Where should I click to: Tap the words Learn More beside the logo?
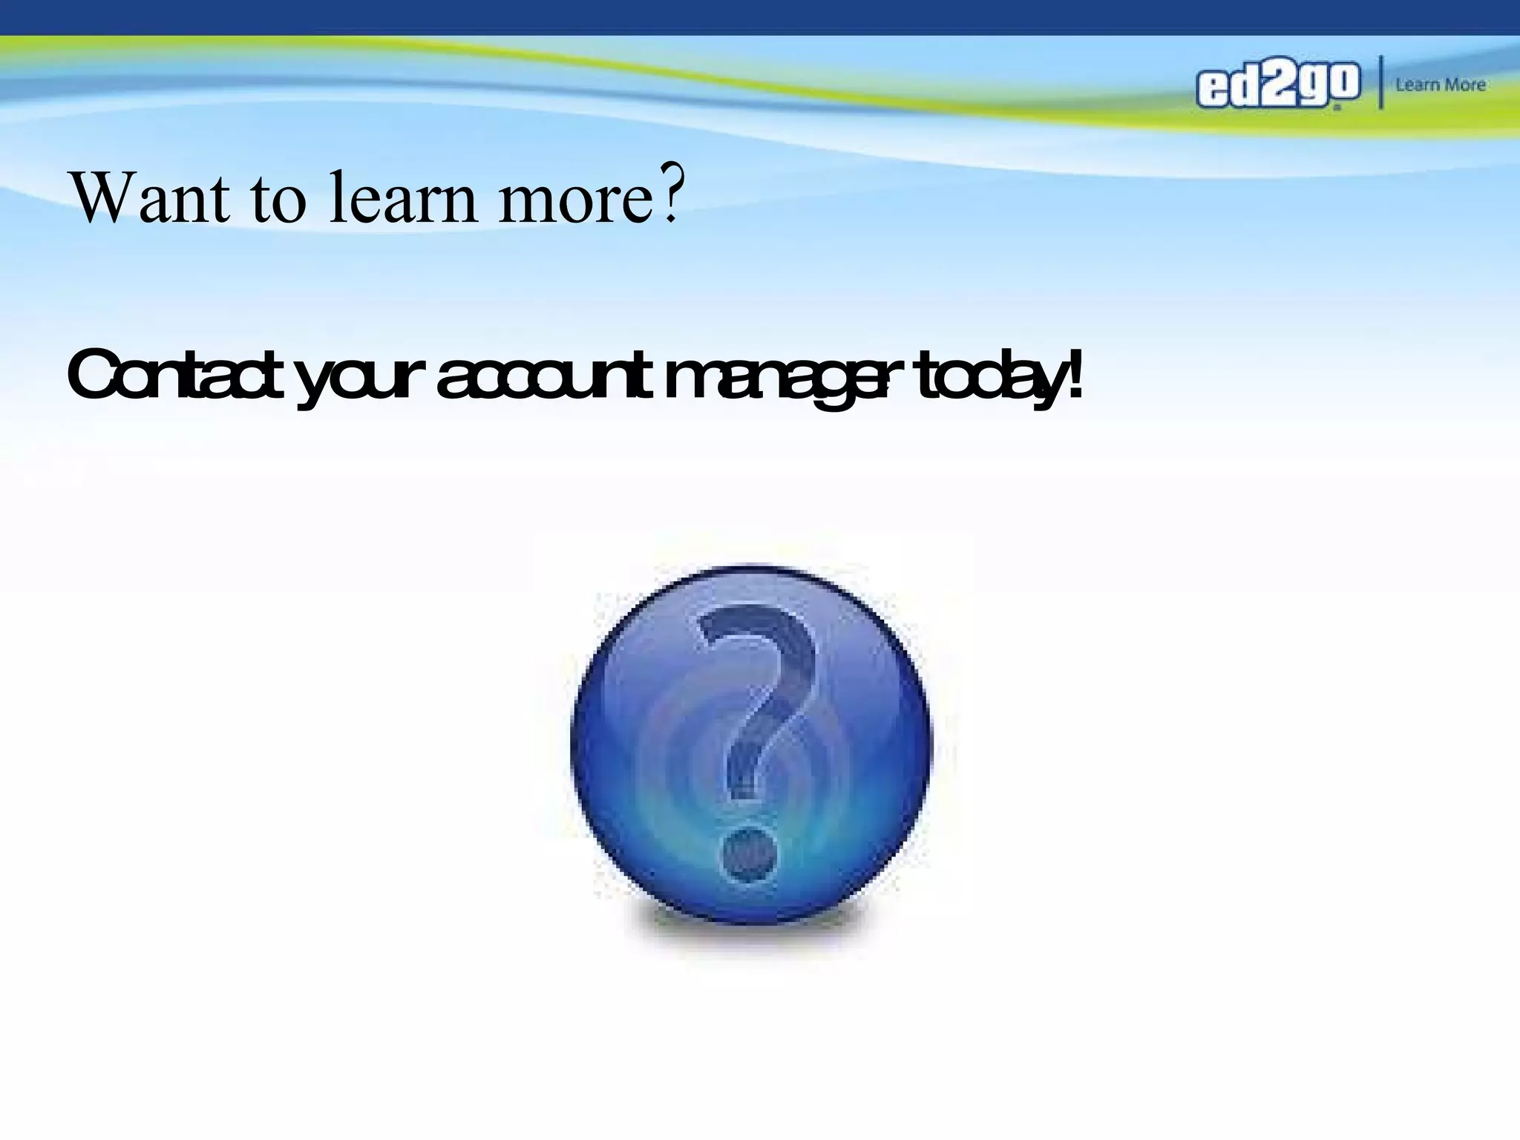[1440, 85]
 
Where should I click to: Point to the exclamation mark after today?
[1070, 374]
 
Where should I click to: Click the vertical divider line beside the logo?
[1380, 82]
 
